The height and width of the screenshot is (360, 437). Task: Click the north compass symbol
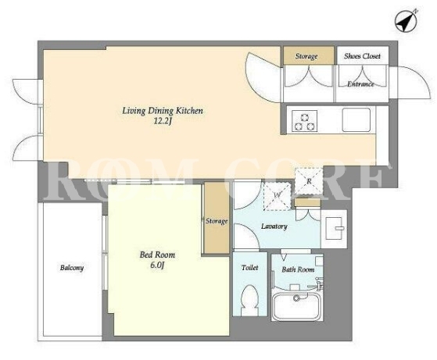point(406,21)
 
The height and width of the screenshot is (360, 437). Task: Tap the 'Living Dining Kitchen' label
point(163,111)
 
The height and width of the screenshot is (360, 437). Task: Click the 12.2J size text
point(162,121)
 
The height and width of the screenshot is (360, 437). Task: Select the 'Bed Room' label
point(157,255)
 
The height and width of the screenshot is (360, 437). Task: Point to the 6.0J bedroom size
point(157,265)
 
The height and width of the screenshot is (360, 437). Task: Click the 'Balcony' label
point(72,268)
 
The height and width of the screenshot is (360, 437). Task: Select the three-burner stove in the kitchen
point(304,121)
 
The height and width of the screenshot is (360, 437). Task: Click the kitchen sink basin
point(356,119)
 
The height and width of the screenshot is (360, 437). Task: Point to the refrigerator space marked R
point(309,181)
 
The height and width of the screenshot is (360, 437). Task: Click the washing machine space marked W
point(278,196)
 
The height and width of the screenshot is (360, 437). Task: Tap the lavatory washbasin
point(334,229)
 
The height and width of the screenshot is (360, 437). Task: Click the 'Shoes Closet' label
point(362,56)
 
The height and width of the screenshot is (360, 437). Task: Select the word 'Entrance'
point(360,84)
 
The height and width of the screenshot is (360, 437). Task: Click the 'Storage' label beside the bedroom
point(217,221)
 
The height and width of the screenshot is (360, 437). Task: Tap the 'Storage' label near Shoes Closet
point(306,56)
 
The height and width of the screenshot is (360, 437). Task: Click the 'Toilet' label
point(249,268)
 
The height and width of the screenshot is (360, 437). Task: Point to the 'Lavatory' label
point(274,226)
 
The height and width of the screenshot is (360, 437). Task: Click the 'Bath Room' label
point(298,269)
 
